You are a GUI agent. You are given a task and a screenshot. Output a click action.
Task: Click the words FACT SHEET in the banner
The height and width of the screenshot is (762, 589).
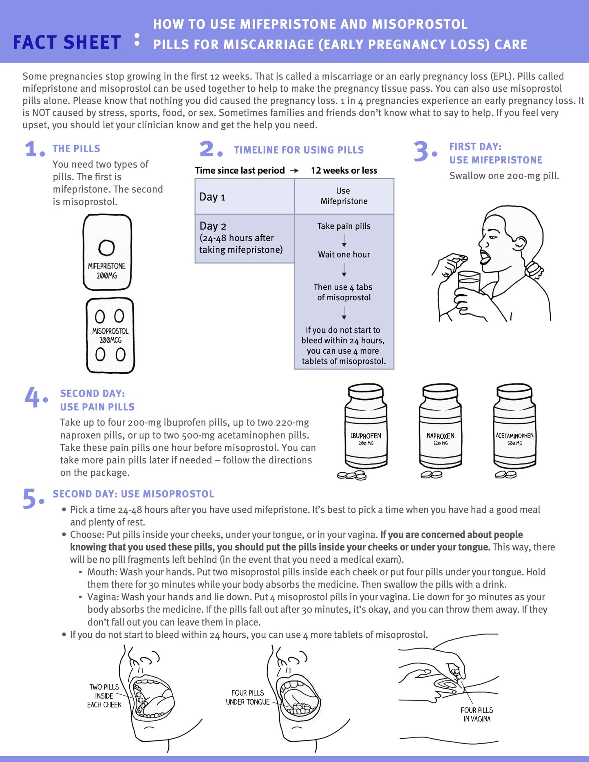click(x=67, y=42)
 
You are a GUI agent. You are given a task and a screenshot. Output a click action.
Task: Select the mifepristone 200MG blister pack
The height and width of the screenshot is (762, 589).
click(x=107, y=252)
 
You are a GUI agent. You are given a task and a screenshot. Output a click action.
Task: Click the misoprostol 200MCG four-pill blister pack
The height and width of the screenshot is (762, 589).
click(x=110, y=335)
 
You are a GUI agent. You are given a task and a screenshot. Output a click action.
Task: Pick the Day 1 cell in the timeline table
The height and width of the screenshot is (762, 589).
click(x=244, y=197)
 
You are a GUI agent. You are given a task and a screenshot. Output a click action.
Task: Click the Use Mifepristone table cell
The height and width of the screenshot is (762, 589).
click(x=344, y=196)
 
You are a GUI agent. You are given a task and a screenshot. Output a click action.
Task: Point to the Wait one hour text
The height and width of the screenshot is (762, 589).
click(x=344, y=255)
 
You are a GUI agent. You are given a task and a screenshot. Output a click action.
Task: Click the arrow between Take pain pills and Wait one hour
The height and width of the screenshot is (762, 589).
click(x=344, y=240)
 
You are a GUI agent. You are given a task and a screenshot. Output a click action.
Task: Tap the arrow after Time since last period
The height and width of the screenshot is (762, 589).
click(x=294, y=171)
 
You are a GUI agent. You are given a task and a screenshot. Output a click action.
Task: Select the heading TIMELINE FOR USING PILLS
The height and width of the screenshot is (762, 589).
click(x=299, y=150)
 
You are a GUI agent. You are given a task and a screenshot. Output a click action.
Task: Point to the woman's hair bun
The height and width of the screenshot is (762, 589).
click(x=534, y=269)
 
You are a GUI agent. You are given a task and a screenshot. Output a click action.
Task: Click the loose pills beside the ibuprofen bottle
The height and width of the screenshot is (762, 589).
click(x=352, y=475)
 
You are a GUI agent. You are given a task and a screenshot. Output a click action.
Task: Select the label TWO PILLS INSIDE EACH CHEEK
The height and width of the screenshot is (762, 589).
click(x=104, y=696)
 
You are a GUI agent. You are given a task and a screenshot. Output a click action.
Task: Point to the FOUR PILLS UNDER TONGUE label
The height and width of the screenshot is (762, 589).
click(x=248, y=697)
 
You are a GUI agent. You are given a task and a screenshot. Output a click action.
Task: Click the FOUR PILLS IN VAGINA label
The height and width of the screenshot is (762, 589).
click(x=477, y=714)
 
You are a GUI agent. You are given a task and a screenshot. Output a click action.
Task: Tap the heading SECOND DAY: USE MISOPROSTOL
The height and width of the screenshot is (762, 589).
click(x=133, y=494)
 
